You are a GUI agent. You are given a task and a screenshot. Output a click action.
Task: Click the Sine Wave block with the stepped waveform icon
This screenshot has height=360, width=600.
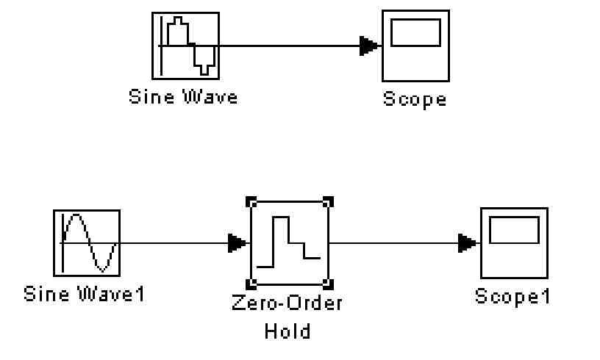pos(185,46)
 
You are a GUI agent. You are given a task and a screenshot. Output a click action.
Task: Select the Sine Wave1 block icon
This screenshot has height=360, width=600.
pos(86,241)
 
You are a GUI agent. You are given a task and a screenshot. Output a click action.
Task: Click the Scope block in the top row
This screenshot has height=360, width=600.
pos(415,46)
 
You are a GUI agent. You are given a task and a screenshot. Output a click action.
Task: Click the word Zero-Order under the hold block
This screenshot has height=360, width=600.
pos(287,303)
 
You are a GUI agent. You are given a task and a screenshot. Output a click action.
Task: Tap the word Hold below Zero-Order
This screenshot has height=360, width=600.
pos(287,331)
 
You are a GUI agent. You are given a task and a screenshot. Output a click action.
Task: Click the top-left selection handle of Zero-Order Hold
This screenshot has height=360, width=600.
pos(251,201)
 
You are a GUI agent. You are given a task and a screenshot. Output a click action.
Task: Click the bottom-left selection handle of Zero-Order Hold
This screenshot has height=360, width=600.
pos(251,284)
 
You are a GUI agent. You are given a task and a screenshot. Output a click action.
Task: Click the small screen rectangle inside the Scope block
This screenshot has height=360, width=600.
pos(415,33)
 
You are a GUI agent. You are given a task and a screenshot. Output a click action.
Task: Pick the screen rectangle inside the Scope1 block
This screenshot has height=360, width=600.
pos(513,231)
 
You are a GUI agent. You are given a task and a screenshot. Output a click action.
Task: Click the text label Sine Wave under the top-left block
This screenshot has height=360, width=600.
pos(183,96)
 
